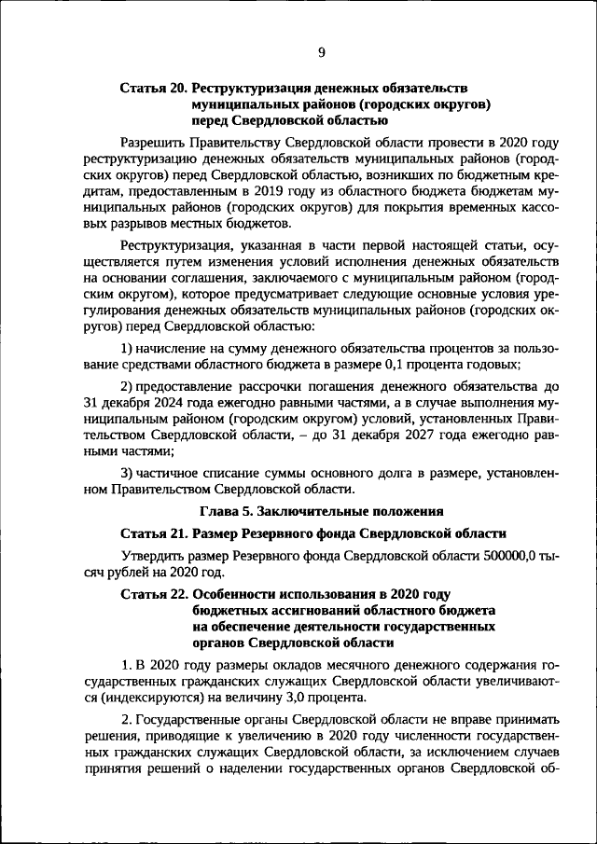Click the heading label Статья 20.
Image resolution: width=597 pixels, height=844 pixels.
[153, 88]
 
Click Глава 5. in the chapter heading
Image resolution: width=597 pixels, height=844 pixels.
[226, 511]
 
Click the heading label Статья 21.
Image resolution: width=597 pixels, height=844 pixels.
[153, 533]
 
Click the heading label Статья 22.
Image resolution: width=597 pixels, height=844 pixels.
[153, 593]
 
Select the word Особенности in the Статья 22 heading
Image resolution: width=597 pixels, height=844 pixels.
[237, 593]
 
